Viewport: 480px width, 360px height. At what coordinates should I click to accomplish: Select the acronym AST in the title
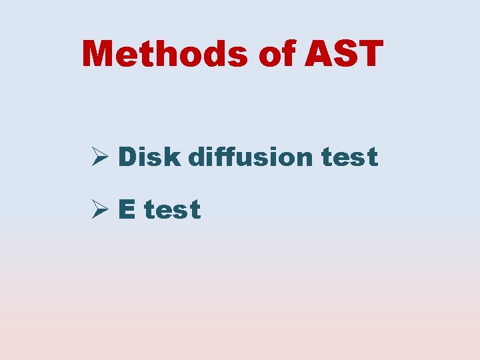344,53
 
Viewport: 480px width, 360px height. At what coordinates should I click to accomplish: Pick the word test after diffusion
349,158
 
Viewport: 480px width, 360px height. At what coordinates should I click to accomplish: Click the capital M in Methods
99,53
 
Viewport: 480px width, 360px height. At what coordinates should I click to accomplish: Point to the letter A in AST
319,53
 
